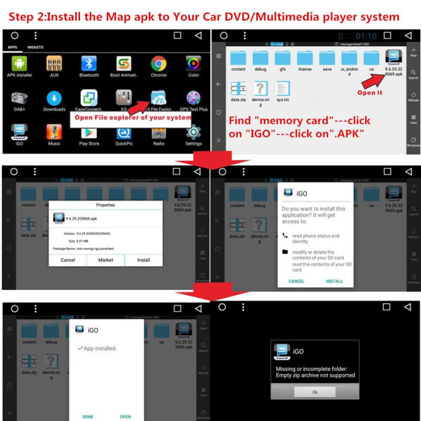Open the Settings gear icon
point(194,132)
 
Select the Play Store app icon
point(89,132)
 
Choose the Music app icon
point(54,132)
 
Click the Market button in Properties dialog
point(106,260)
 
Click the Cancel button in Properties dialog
point(68,260)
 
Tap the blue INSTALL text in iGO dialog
point(334,281)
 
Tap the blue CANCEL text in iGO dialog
point(296,281)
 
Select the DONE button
point(88,416)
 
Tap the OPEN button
point(125,416)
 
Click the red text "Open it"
point(370,93)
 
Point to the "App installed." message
point(99,348)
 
